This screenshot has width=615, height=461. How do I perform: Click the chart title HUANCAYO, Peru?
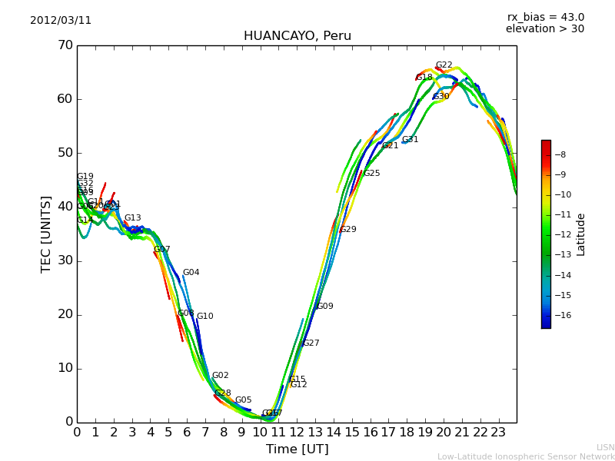tap(297, 36)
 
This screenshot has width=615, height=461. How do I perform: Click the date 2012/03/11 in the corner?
tap(61, 21)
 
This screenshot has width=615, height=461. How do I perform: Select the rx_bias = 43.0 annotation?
tap(545, 18)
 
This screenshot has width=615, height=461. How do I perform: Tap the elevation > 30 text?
tap(544, 29)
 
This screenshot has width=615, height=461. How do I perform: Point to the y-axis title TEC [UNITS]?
tap(46, 234)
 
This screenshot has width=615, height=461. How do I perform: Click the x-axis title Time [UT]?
tap(297, 449)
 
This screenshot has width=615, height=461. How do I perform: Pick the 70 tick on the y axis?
tap(65, 45)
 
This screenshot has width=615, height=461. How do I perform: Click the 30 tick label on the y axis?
tap(65, 260)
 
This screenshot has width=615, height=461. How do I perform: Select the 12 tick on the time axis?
tap(297, 433)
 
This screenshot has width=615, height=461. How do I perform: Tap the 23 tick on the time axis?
tap(498, 433)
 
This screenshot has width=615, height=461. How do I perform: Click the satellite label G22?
tap(444, 65)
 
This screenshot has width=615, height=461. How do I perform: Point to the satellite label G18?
tap(424, 78)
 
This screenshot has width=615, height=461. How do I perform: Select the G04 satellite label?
tap(191, 273)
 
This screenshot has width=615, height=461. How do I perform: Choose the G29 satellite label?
tap(348, 230)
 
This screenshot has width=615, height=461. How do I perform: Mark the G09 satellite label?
tap(325, 307)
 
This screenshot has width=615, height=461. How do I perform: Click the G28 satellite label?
tap(222, 393)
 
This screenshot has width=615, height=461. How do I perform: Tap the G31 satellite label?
tap(411, 140)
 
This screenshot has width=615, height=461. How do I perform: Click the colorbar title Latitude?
tap(581, 234)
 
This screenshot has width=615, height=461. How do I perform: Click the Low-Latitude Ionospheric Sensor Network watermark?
tap(526, 457)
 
